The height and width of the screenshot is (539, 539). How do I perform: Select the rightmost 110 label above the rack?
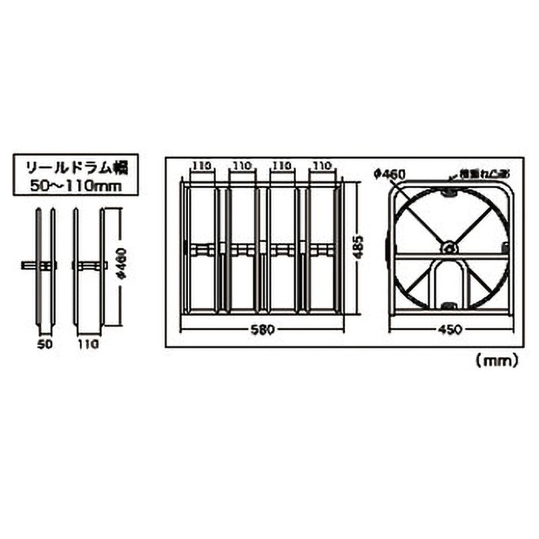click(321, 165)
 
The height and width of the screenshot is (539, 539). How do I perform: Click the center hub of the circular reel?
click(447, 249)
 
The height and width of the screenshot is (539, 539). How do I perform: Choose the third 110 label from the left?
click(281, 165)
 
